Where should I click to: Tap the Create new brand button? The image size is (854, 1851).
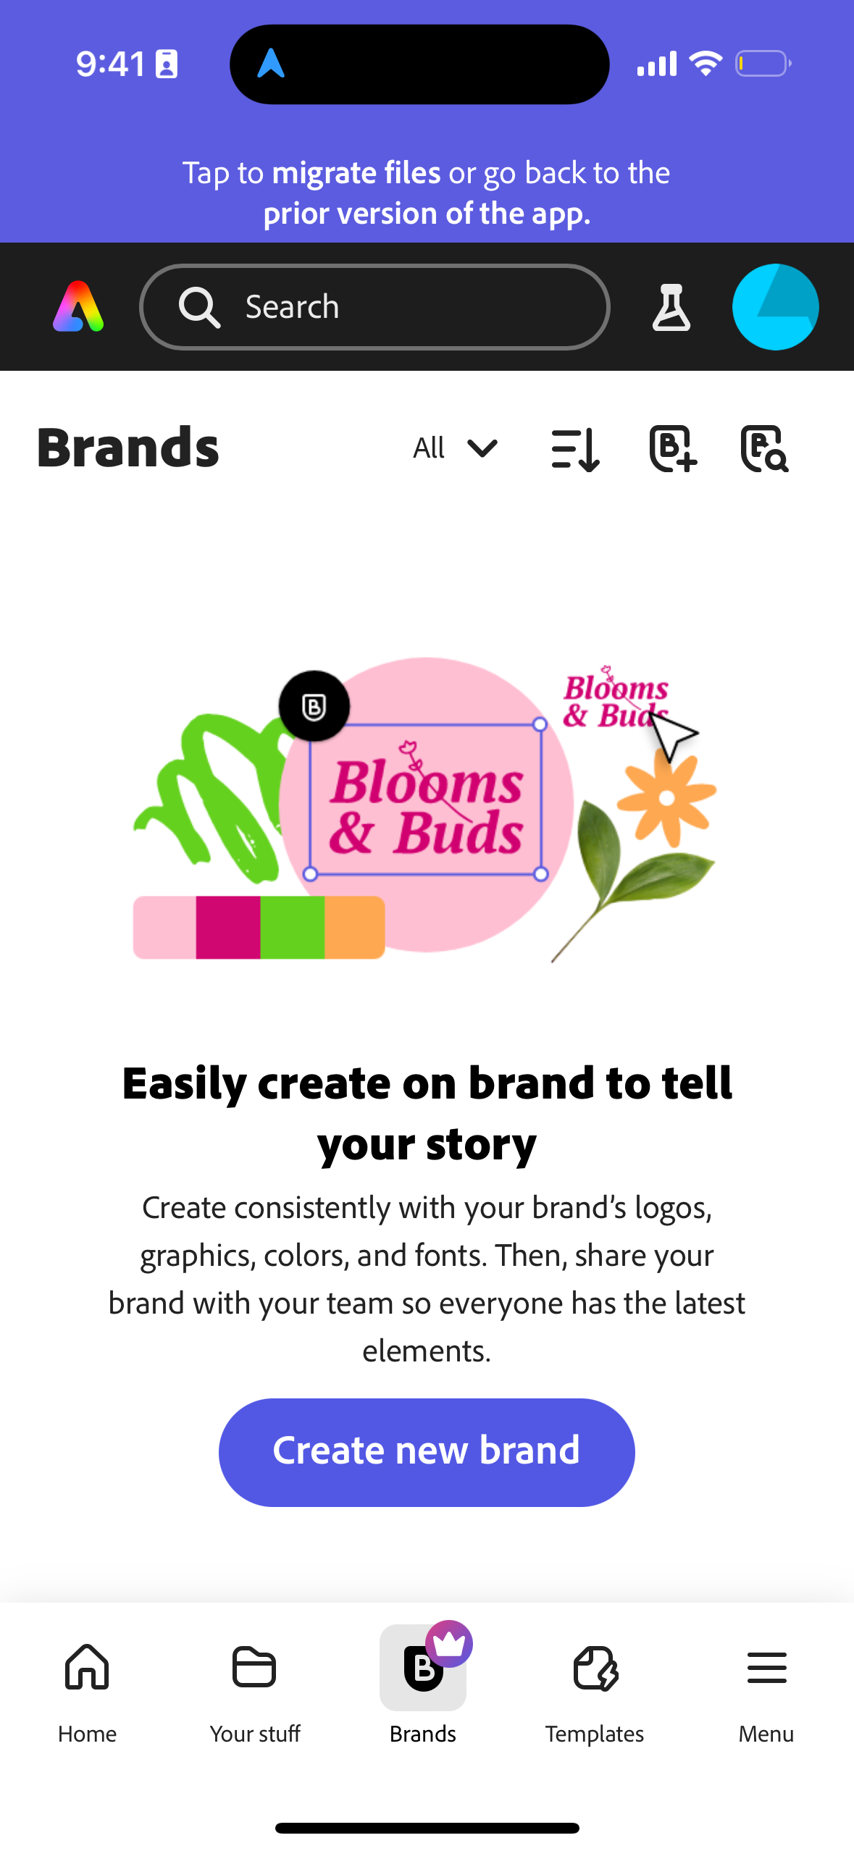[427, 1451]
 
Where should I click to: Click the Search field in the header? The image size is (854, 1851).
[374, 307]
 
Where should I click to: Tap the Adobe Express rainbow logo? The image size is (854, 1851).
[78, 307]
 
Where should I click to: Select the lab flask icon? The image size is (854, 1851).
[671, 307]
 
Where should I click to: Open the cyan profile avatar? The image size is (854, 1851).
[775, 307]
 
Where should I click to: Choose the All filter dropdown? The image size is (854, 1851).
[455, 448]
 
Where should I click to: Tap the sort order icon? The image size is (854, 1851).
[575, 449]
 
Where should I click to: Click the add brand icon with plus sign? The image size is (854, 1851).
[672, 449]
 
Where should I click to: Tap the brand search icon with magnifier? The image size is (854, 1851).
[764, 449]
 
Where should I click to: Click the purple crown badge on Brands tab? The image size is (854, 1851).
[449, 1643]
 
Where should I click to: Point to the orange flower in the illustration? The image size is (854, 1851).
[667, 797]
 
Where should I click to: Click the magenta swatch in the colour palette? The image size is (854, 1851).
[227, 927]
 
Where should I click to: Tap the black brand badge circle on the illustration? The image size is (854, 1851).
[314, 706]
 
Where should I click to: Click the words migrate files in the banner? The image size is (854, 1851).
[356, 173]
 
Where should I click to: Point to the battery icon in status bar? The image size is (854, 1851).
[763, 64]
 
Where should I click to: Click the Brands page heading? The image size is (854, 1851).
[128, 448]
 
